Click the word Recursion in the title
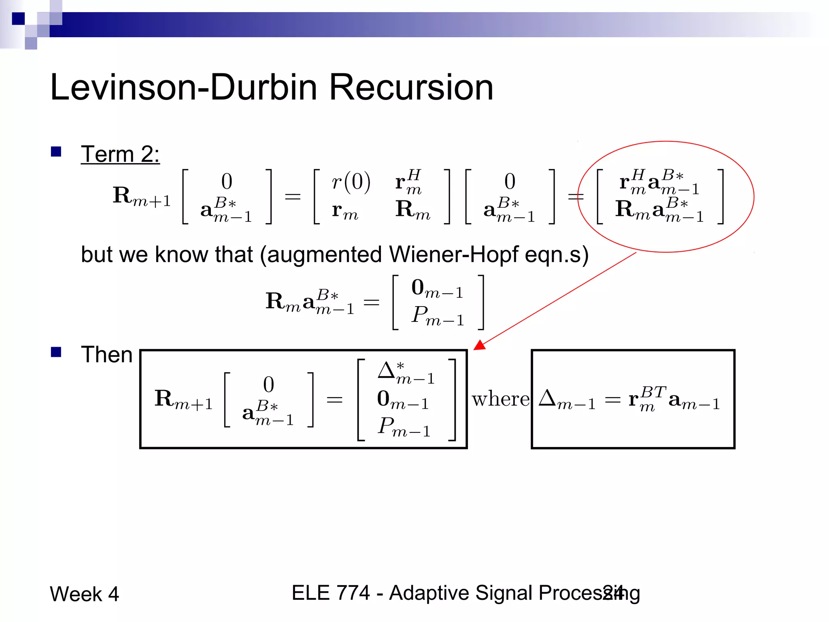tap(411, 87)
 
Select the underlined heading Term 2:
tap(120, 154)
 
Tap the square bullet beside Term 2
tap(56, 152)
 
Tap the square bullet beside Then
tap(56, 352)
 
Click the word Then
tap(106, 355)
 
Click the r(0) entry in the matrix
tap(351, 182)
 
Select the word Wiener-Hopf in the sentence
tap(453, 255)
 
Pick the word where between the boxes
tap(500, 399)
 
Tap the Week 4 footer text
tap(84, 594)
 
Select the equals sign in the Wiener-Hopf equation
tap(371, 302)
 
